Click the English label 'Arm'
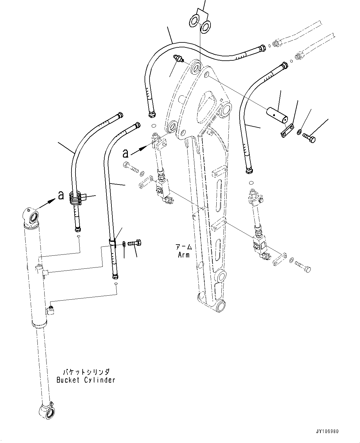tap(184, 255)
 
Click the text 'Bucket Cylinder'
tap(86, 380)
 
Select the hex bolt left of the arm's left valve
tap(131, 167)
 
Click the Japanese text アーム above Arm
tap(184, 247)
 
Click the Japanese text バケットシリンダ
tap(86, 371)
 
